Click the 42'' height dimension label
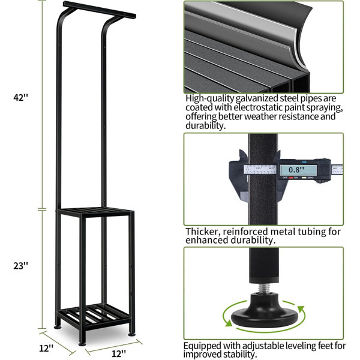click(20, 97)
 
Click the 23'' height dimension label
click(20, 266)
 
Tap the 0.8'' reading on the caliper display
click(296, 170)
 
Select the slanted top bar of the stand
click(99, 10)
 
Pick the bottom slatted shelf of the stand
click(94, 315)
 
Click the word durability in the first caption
click(204, 125)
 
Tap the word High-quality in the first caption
click(210, 98)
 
